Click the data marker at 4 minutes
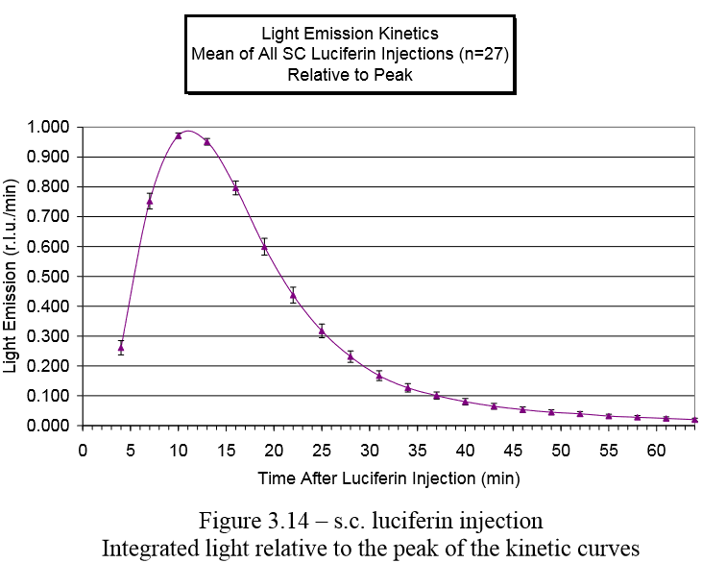[121, 348]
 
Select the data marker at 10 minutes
[179, 135]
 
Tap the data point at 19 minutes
[264, 246]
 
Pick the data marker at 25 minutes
[322, 330]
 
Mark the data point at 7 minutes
[150, 201]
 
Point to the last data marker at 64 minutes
[694, 420]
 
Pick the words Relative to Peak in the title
[350, 74]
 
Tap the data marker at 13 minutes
[206, 141]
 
